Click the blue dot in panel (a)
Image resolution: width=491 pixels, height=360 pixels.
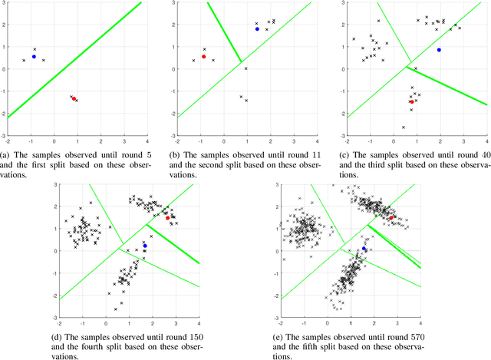click(x=34, y=57)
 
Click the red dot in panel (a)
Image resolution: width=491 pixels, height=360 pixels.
click(x=74, y=98)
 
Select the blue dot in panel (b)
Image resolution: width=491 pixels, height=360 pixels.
click(x=257, y=29)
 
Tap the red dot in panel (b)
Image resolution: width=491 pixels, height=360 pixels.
click(x=203, y=57)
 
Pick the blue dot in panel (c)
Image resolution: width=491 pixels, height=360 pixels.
click(x=439, y=50)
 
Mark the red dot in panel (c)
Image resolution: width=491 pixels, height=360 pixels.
click(x=412, y=101)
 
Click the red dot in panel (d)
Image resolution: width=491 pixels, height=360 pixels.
click(x=167, y=218)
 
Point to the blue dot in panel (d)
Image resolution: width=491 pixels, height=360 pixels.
click(x=145, y=246)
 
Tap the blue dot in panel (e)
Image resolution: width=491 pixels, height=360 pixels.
click(x=364, y=249)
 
